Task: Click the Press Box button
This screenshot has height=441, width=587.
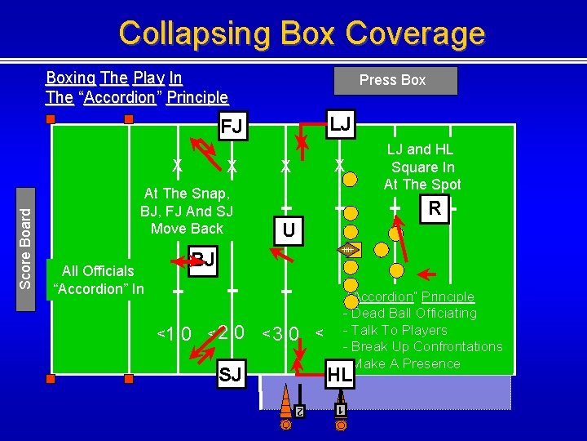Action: [x=395, y=80]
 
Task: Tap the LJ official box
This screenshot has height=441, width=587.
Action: [x=341, y=123]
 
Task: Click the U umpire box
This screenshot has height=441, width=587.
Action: [x=288, y=230]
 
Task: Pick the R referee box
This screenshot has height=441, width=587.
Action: [x=435, y=208]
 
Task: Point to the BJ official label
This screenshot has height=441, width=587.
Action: [x=202, y=260]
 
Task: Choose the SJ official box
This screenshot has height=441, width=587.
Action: [x=231, y=375]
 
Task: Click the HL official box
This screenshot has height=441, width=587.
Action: [x=339, y=375]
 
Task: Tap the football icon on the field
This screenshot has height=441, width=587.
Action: [x=350, y=250]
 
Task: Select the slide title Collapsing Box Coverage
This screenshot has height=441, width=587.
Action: [x=302, y=33]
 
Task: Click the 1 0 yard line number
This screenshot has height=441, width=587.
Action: [x=174, y=333]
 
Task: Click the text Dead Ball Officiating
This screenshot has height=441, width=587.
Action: [x=414, y=313]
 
